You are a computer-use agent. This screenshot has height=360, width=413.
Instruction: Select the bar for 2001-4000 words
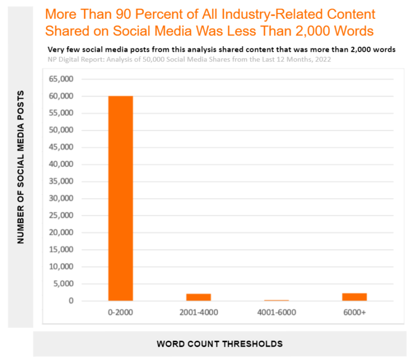point(198,297)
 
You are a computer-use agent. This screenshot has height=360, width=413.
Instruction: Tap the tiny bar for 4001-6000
point(276,300)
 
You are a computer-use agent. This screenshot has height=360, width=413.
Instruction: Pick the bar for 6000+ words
point(354,297)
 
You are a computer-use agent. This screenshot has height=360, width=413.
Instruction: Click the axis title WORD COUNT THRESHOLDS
point(219,343)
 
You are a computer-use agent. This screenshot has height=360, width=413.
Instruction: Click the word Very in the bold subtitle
point(56,50)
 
